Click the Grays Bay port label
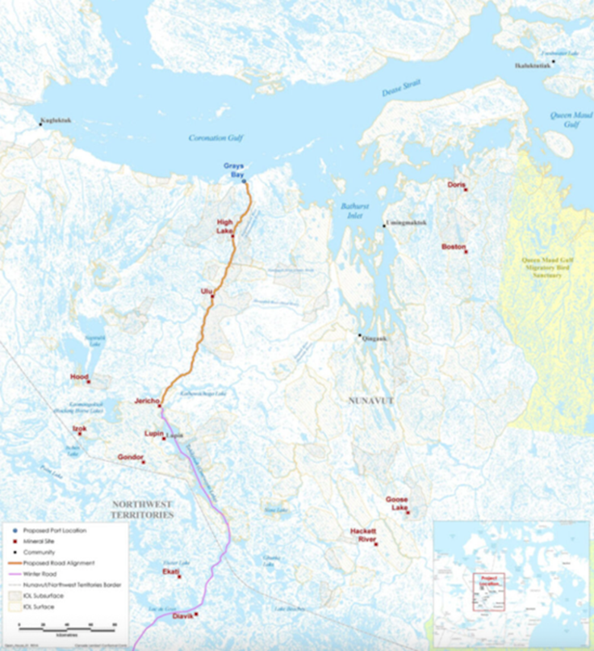[234, 169]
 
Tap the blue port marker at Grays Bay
[244, 181]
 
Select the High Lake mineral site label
[224, 226]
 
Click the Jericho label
[147, 401]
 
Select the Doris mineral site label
[456, 185]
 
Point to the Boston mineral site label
[454, 246]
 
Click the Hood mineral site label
[78, 376]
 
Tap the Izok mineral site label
[79, 428]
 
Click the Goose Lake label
[396, 503]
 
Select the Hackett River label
[363, 535]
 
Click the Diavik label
[183, 615]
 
